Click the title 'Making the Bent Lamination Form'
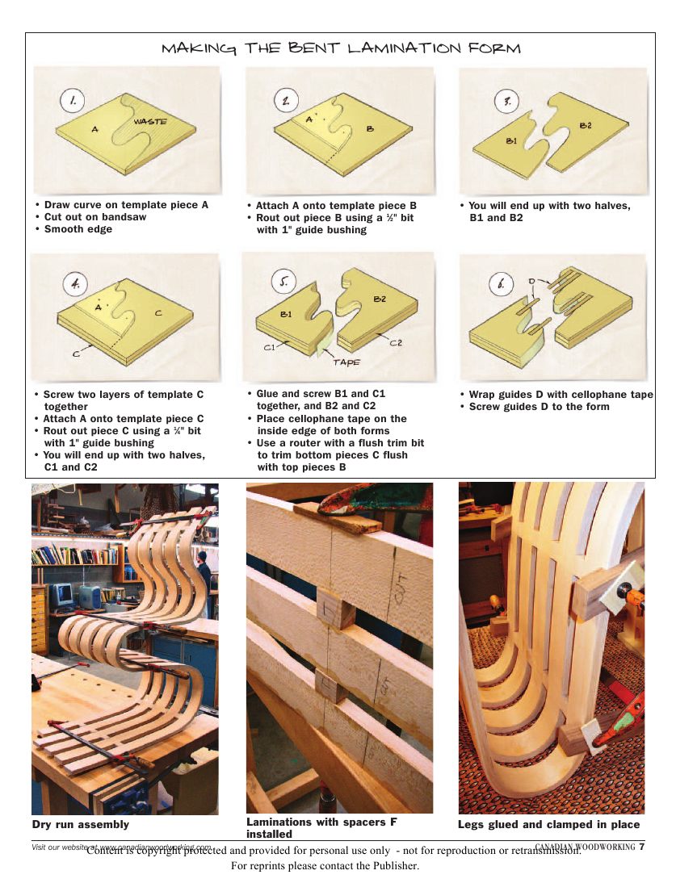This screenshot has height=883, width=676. pyautogui.click(x=341, y=48)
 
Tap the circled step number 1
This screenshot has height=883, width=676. pyautogui.click(x=73, y=101)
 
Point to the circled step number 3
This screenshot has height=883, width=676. pyautogui.click(x=506, y=103)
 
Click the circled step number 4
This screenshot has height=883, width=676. pyautogui.click(x=75, y=284)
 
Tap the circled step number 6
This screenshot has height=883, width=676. pyautogui.click(x=502, y=284)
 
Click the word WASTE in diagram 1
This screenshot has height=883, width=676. pyautogui.click(x=150, y=121)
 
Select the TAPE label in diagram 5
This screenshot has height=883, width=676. pyautogui.click(x=346, y=362)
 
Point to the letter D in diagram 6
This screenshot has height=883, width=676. pyautogui.click(x=531, y=281)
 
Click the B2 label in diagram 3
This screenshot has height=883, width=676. pyautogui.click(x=586, y=125)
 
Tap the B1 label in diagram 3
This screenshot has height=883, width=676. pyautogui.click(x=511, y=140)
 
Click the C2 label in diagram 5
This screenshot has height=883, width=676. pyautogui.click(x=396, y=342)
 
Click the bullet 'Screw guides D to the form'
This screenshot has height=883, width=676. pyautogui.click(x=540, y=407)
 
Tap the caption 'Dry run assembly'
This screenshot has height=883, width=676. pyautogui.click(x=80, y=824)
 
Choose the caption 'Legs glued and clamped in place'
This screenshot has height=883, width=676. pyautogui.click(x=548, y=824)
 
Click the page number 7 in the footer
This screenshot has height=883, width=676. pyautogui.click(x=641, y=847)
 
